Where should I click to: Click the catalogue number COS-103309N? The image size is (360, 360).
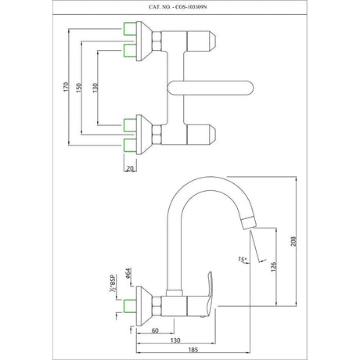point(190,7)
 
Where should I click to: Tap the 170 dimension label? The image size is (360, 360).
point(66,87)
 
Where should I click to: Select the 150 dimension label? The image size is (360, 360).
point(79,88)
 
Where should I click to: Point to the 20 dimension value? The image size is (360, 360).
point(130,168)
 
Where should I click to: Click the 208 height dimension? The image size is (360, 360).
point(293,242)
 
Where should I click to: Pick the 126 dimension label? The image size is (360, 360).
point(273,267)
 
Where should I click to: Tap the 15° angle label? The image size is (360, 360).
point(243,259)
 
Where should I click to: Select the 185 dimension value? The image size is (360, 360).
point(193,350)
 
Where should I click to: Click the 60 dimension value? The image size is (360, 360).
point(155,330)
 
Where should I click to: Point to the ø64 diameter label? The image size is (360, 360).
point(128,273)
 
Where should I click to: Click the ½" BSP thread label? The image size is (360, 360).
point(113,283)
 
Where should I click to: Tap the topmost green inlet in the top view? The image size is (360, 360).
point(130,29)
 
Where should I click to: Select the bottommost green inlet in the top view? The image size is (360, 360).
point(130,146)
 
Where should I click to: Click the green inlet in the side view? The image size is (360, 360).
point(130,306)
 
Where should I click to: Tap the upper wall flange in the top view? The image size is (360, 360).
point(144,41)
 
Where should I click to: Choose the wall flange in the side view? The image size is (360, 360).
point(144,306)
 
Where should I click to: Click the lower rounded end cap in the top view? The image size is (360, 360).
point(201,135)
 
